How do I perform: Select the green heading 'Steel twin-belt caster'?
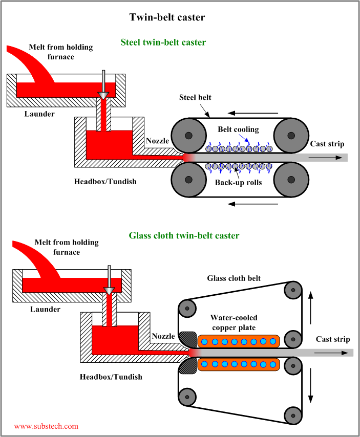[x=163, y=42]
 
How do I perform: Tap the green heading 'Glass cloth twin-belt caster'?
[x=184, y=236]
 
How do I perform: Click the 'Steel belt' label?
[x=195, y=97]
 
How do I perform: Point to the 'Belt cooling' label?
[x=238, y=129]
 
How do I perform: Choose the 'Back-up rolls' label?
[x=238, y=182]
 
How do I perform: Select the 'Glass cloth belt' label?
[x=234, y=278]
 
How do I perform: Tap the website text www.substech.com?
[x=46, y=426]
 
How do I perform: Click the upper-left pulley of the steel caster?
[x=189, y=136]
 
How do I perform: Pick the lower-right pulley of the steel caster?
[x=291, y=180]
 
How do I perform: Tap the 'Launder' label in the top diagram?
[x=40, y=114]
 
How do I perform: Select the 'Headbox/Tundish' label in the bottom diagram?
[x=111, y=377]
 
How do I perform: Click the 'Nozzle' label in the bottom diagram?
[x=163, y=336]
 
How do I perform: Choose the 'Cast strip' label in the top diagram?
[x=327, y=144]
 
